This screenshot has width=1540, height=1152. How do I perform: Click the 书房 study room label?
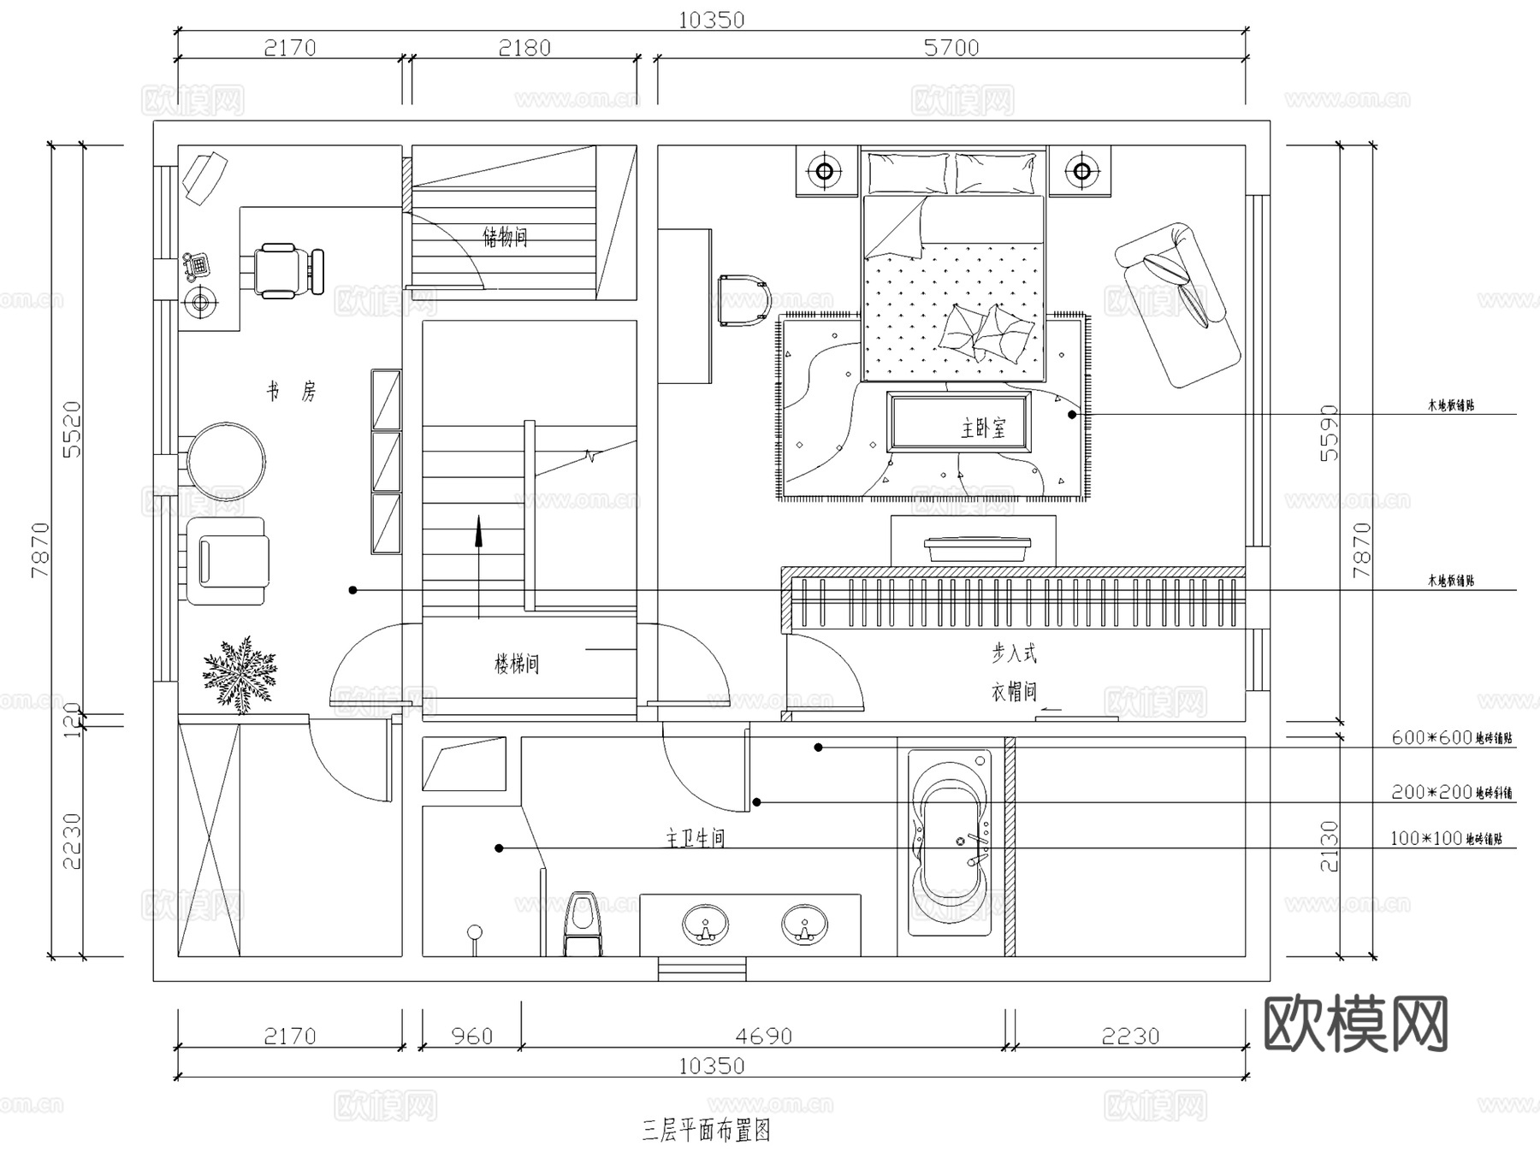291,392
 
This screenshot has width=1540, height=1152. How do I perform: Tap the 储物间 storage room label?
505,236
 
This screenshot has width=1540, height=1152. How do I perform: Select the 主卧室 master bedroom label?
983,428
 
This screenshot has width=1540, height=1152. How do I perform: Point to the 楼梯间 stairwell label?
517,664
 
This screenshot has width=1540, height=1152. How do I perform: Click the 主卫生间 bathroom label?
695,838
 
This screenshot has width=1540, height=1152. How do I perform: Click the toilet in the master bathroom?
583,924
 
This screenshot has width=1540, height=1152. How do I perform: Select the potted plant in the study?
240,674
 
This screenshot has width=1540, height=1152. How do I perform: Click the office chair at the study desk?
287,270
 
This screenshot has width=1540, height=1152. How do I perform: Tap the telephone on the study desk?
196,265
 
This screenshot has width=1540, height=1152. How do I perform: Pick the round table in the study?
226,461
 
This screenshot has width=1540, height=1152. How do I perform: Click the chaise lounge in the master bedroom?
1178,304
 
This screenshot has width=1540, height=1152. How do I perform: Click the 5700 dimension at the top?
951,48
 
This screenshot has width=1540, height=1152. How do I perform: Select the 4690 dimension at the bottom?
763,1037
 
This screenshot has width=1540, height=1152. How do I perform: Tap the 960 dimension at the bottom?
471,1037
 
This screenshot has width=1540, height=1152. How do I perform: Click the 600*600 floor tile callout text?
1451,738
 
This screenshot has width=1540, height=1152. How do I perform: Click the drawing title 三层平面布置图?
706,1131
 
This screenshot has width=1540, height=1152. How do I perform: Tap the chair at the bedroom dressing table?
743,301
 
